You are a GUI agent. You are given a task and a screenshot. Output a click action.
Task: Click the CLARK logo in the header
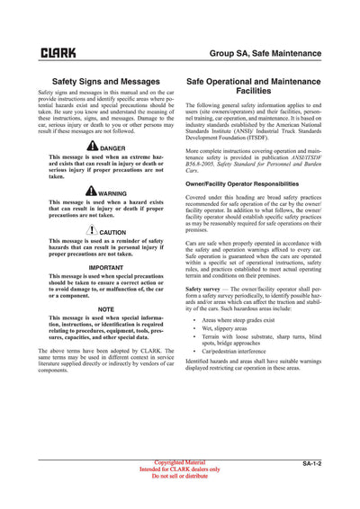point(58,54)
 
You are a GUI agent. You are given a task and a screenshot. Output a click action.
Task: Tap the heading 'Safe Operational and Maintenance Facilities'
point(253,86)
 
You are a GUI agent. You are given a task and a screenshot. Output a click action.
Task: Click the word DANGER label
point(113,148)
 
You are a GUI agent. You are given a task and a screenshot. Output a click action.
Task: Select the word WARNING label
point(112,193)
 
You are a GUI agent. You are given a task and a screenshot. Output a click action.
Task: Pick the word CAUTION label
point(112,233)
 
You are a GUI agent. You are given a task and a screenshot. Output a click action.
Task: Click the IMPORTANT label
point(106,267)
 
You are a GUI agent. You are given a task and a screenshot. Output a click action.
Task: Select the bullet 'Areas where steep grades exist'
point(238,319)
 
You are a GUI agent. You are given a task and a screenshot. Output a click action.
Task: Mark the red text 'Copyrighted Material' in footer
point(180,462)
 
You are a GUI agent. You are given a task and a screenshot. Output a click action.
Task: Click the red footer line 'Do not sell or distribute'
point(180,476)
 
